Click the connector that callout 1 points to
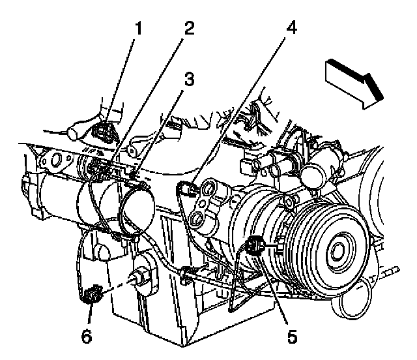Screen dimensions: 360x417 [102, 134]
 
